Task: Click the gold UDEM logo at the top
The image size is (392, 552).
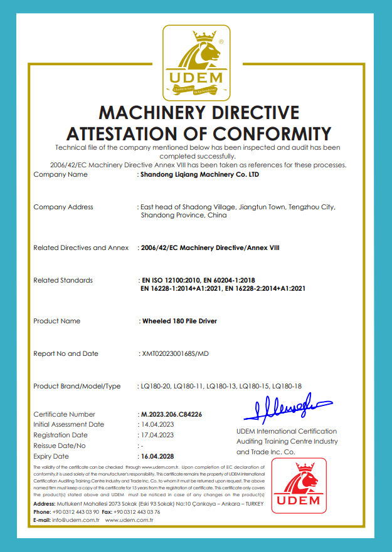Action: click(x=195, y=61)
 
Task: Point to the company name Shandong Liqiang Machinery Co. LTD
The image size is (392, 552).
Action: click(x=199, y=175)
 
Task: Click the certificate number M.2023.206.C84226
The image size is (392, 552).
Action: click(x=172, y=415)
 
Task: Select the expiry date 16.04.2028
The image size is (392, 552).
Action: click(x=157, y=456)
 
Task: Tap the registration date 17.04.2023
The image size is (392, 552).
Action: click(x=157, y=435)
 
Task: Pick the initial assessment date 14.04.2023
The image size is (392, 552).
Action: click(x=157, y=425)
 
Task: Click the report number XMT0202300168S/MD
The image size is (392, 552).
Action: click(x=175, y=354)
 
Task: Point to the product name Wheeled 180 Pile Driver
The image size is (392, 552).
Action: click(x=180, y=321)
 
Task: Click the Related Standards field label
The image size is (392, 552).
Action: click(x=63, y=280)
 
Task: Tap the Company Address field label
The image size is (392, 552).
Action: click(x=63, y=207)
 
